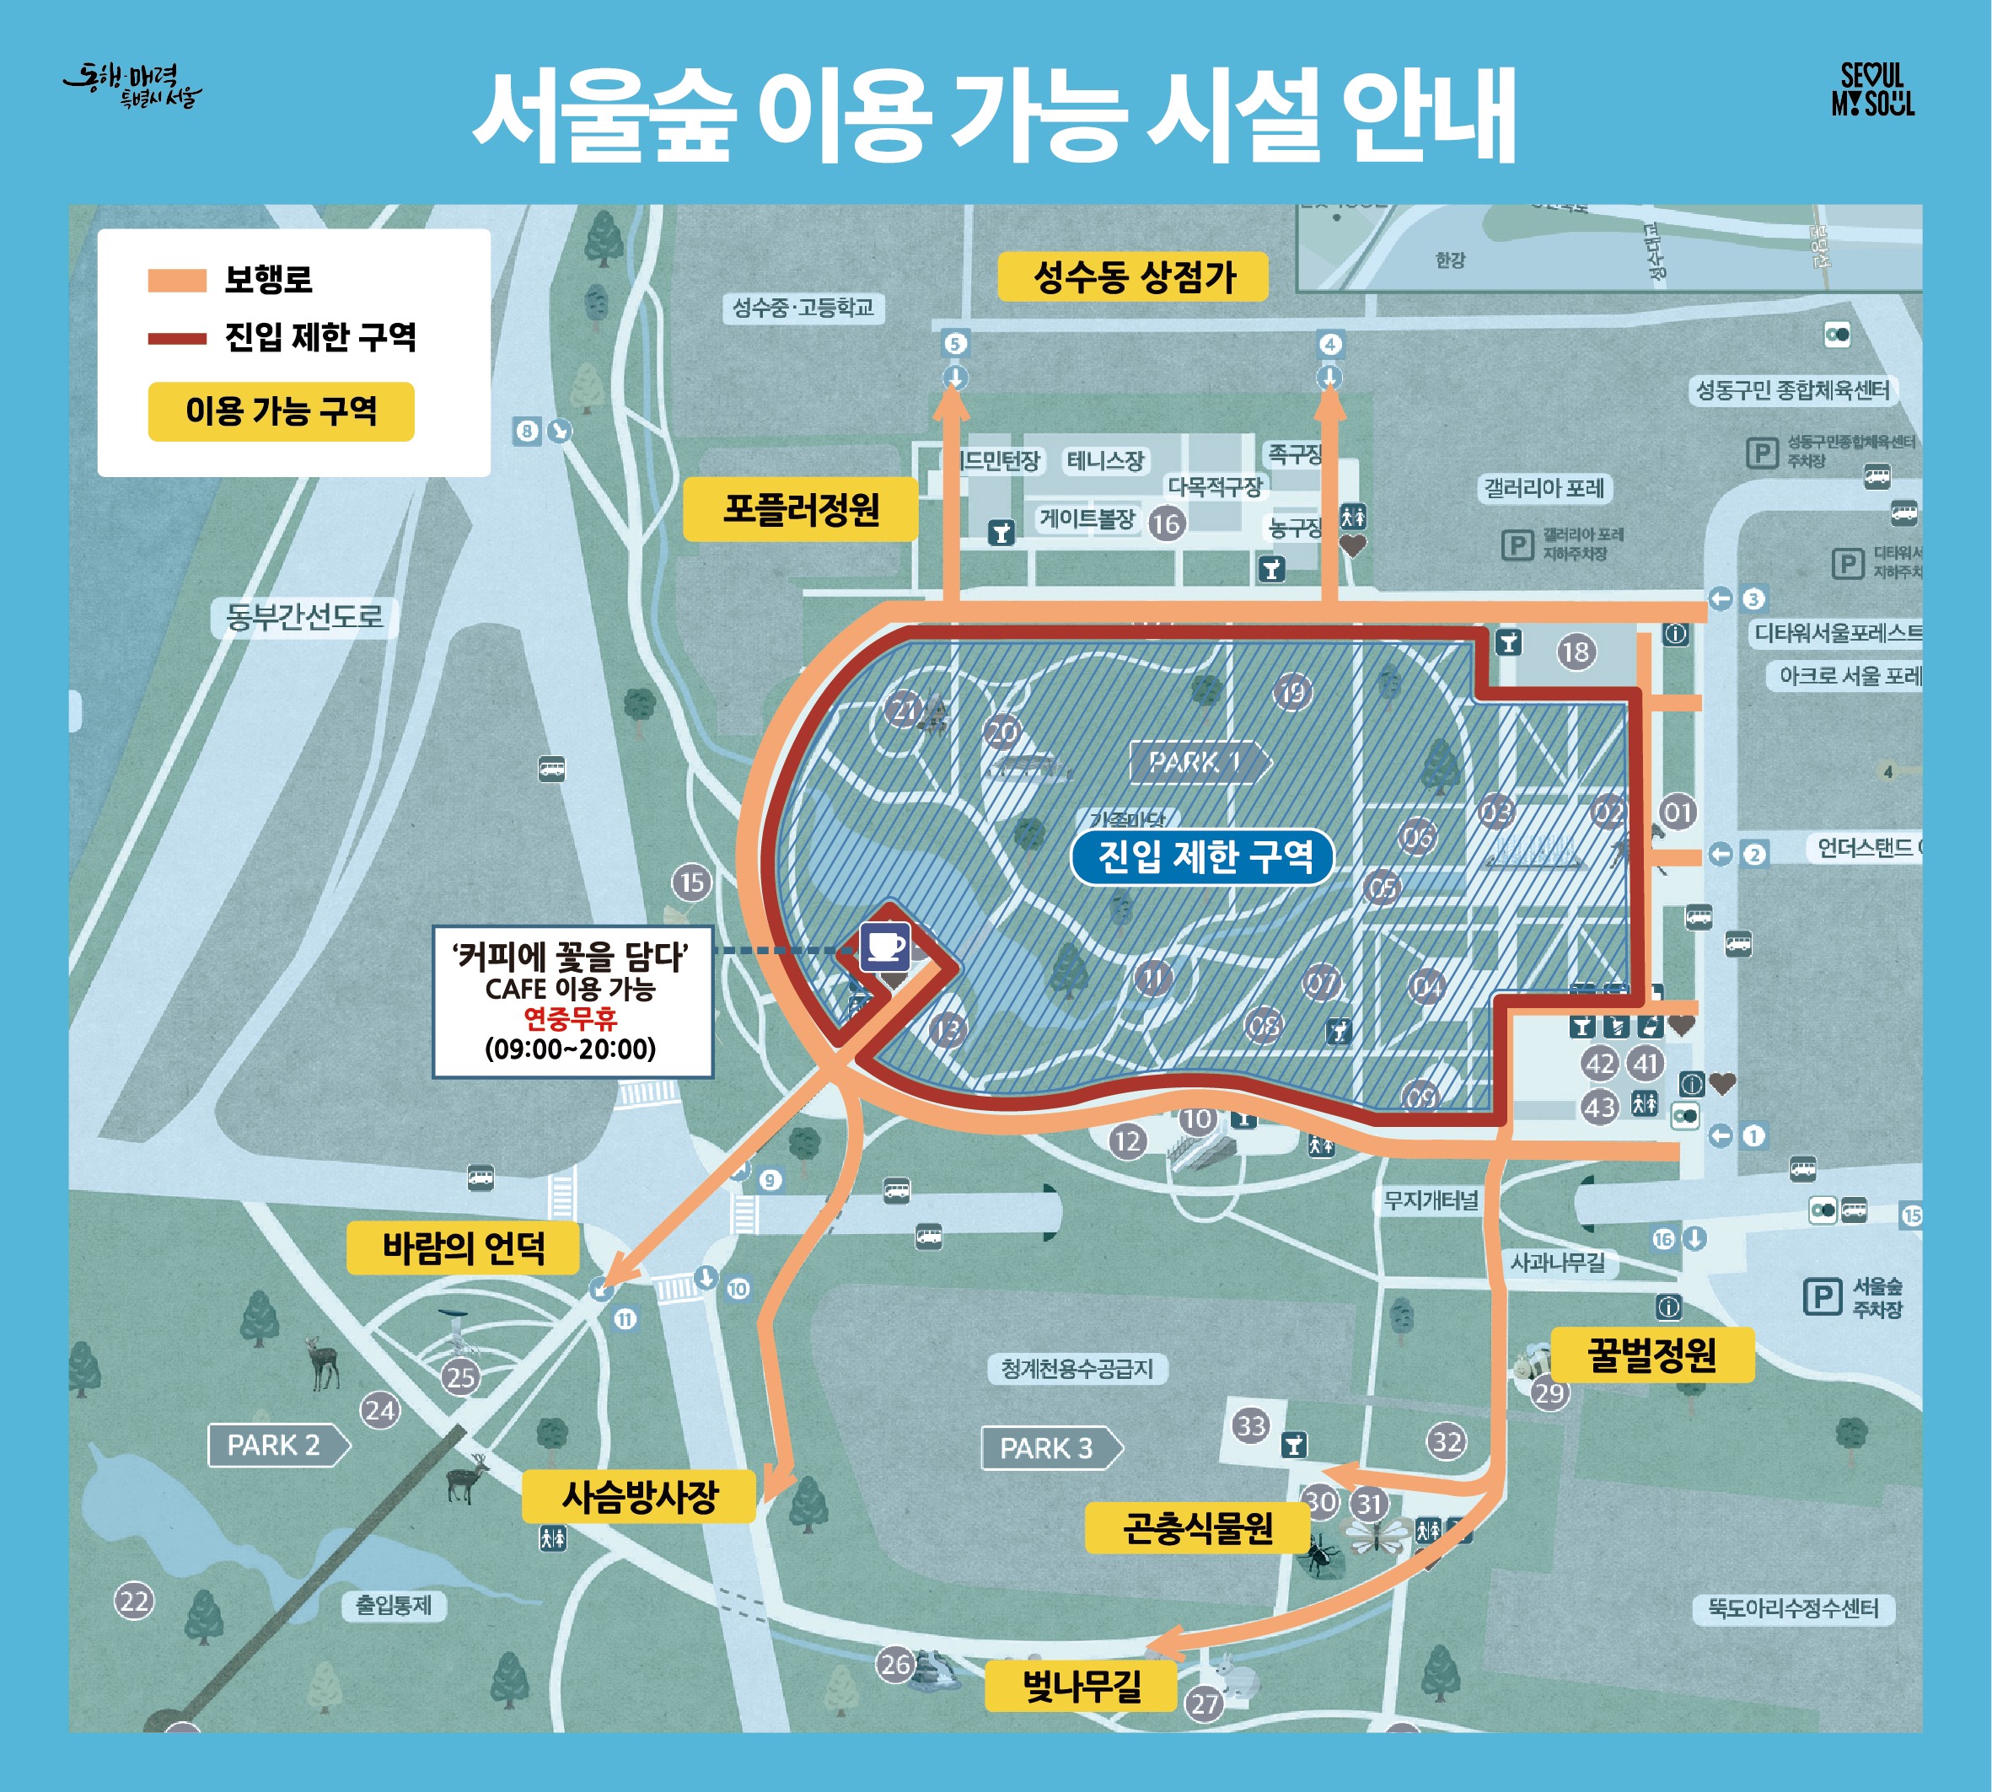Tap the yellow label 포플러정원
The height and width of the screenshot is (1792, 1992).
click(x=801, y=509)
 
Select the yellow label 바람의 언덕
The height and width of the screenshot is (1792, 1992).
click(x=463, y=1248)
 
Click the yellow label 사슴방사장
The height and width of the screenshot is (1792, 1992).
click(x=639, y=1497)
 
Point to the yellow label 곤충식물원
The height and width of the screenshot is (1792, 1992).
click(x=1197, y=1528)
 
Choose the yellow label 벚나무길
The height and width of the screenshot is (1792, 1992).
click(x=1082, y=1687)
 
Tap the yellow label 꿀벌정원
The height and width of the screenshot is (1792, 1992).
click(x=1651, y=1355)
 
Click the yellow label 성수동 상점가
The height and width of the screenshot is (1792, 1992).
click(x=1132, y=276)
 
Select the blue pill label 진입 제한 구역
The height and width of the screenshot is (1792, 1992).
click(x=1203, y=856)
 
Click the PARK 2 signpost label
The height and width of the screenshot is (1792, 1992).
click(x=277, y=1446)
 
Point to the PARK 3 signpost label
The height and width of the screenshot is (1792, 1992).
click(x=1050, y=1448)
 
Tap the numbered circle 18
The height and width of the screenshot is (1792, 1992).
click(x=1576, y=651)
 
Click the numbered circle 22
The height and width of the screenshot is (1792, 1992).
click(x=134, y=1602)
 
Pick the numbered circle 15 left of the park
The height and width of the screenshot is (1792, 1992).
click(x=692, y=883)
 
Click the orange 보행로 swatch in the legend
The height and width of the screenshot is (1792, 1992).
click(x=176, y=281)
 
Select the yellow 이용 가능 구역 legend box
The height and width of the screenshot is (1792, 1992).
click(x=281, y=410)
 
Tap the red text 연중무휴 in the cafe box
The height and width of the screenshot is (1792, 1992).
click(x=570, y=1018)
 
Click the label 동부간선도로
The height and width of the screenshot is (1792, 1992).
click(x=304, y=617)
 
